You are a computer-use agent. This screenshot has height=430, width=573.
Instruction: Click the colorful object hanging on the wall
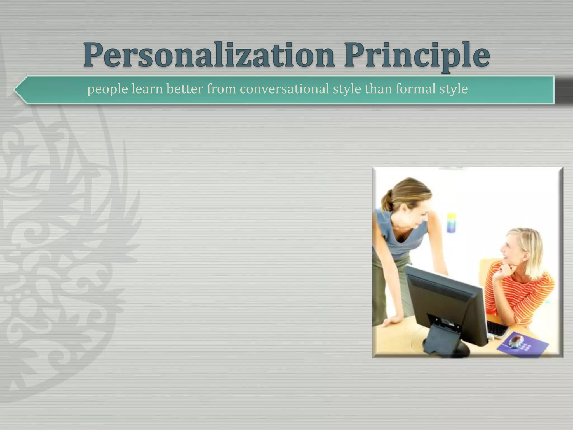451,223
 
